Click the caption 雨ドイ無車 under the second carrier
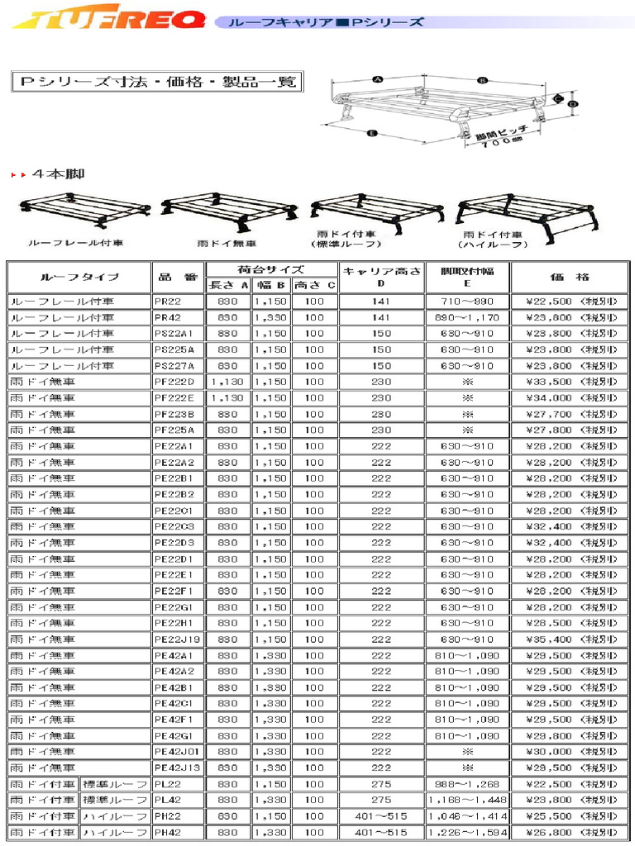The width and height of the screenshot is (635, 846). point(227,245)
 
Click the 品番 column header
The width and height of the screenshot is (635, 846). point(177,277)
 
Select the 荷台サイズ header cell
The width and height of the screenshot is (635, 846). point(270,269)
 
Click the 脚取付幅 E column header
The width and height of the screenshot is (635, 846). point(467,277)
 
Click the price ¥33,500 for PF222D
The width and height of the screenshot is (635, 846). point(571,382)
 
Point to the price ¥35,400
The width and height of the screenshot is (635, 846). point(571,639)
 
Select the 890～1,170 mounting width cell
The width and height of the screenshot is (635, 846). point(467,317)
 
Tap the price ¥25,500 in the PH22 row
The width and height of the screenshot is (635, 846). point(571,816)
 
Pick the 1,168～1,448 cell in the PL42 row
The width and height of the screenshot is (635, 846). point(467,800)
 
